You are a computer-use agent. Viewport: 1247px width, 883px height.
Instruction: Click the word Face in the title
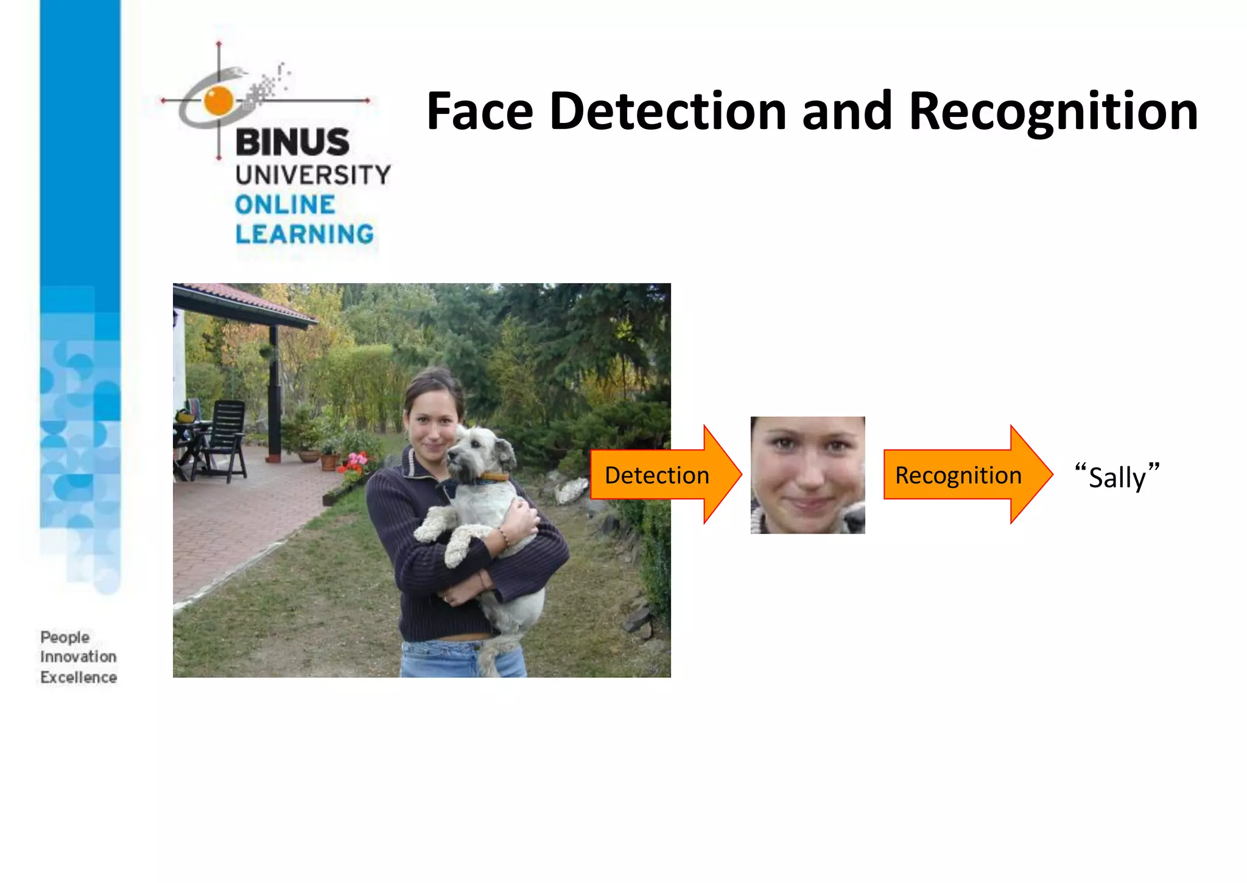click(480, 111)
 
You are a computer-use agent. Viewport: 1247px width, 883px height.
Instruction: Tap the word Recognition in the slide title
click(1053, 113)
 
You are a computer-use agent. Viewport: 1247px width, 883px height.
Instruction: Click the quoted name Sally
click(1117, 477)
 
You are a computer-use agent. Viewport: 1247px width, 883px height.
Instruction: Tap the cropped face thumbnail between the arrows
click(807, 475)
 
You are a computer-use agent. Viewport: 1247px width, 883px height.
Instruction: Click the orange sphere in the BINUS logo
click(219, 100)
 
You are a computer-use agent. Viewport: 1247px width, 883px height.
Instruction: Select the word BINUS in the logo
click(292, 142)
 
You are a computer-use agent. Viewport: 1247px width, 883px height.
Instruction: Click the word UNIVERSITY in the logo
click(313, 175)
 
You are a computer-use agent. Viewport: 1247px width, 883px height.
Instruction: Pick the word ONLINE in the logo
click(285, 205)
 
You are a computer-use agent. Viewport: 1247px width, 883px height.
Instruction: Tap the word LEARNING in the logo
click(304, 234)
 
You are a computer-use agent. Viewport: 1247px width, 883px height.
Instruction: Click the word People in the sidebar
click(65, 638)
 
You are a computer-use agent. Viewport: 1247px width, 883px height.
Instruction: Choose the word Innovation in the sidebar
click(78, 657)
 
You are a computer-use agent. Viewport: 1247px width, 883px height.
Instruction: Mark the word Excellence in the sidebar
click(78, 677)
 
